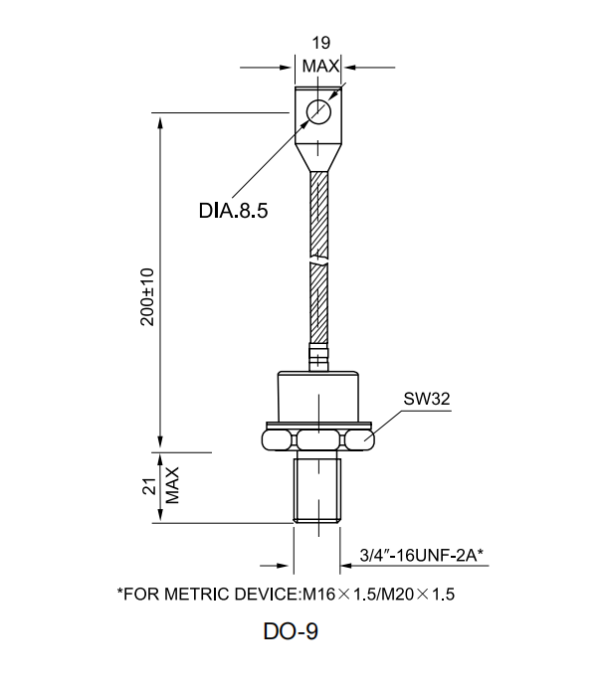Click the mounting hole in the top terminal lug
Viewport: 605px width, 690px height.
coord(319,110)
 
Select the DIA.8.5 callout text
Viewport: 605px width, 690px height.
coord(234,211)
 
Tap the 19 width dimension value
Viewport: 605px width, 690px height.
coord(320,44)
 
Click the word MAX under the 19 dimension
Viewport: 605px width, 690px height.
coord(320,66)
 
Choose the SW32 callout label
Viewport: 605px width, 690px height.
coord(428,399)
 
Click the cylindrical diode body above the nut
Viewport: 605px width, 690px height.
coord(318,396)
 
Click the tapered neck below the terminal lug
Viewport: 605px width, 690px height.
coord(318,154)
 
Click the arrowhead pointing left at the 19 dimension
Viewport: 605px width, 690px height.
coord(348,68)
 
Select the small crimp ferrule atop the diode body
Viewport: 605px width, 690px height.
coord(318,351)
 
